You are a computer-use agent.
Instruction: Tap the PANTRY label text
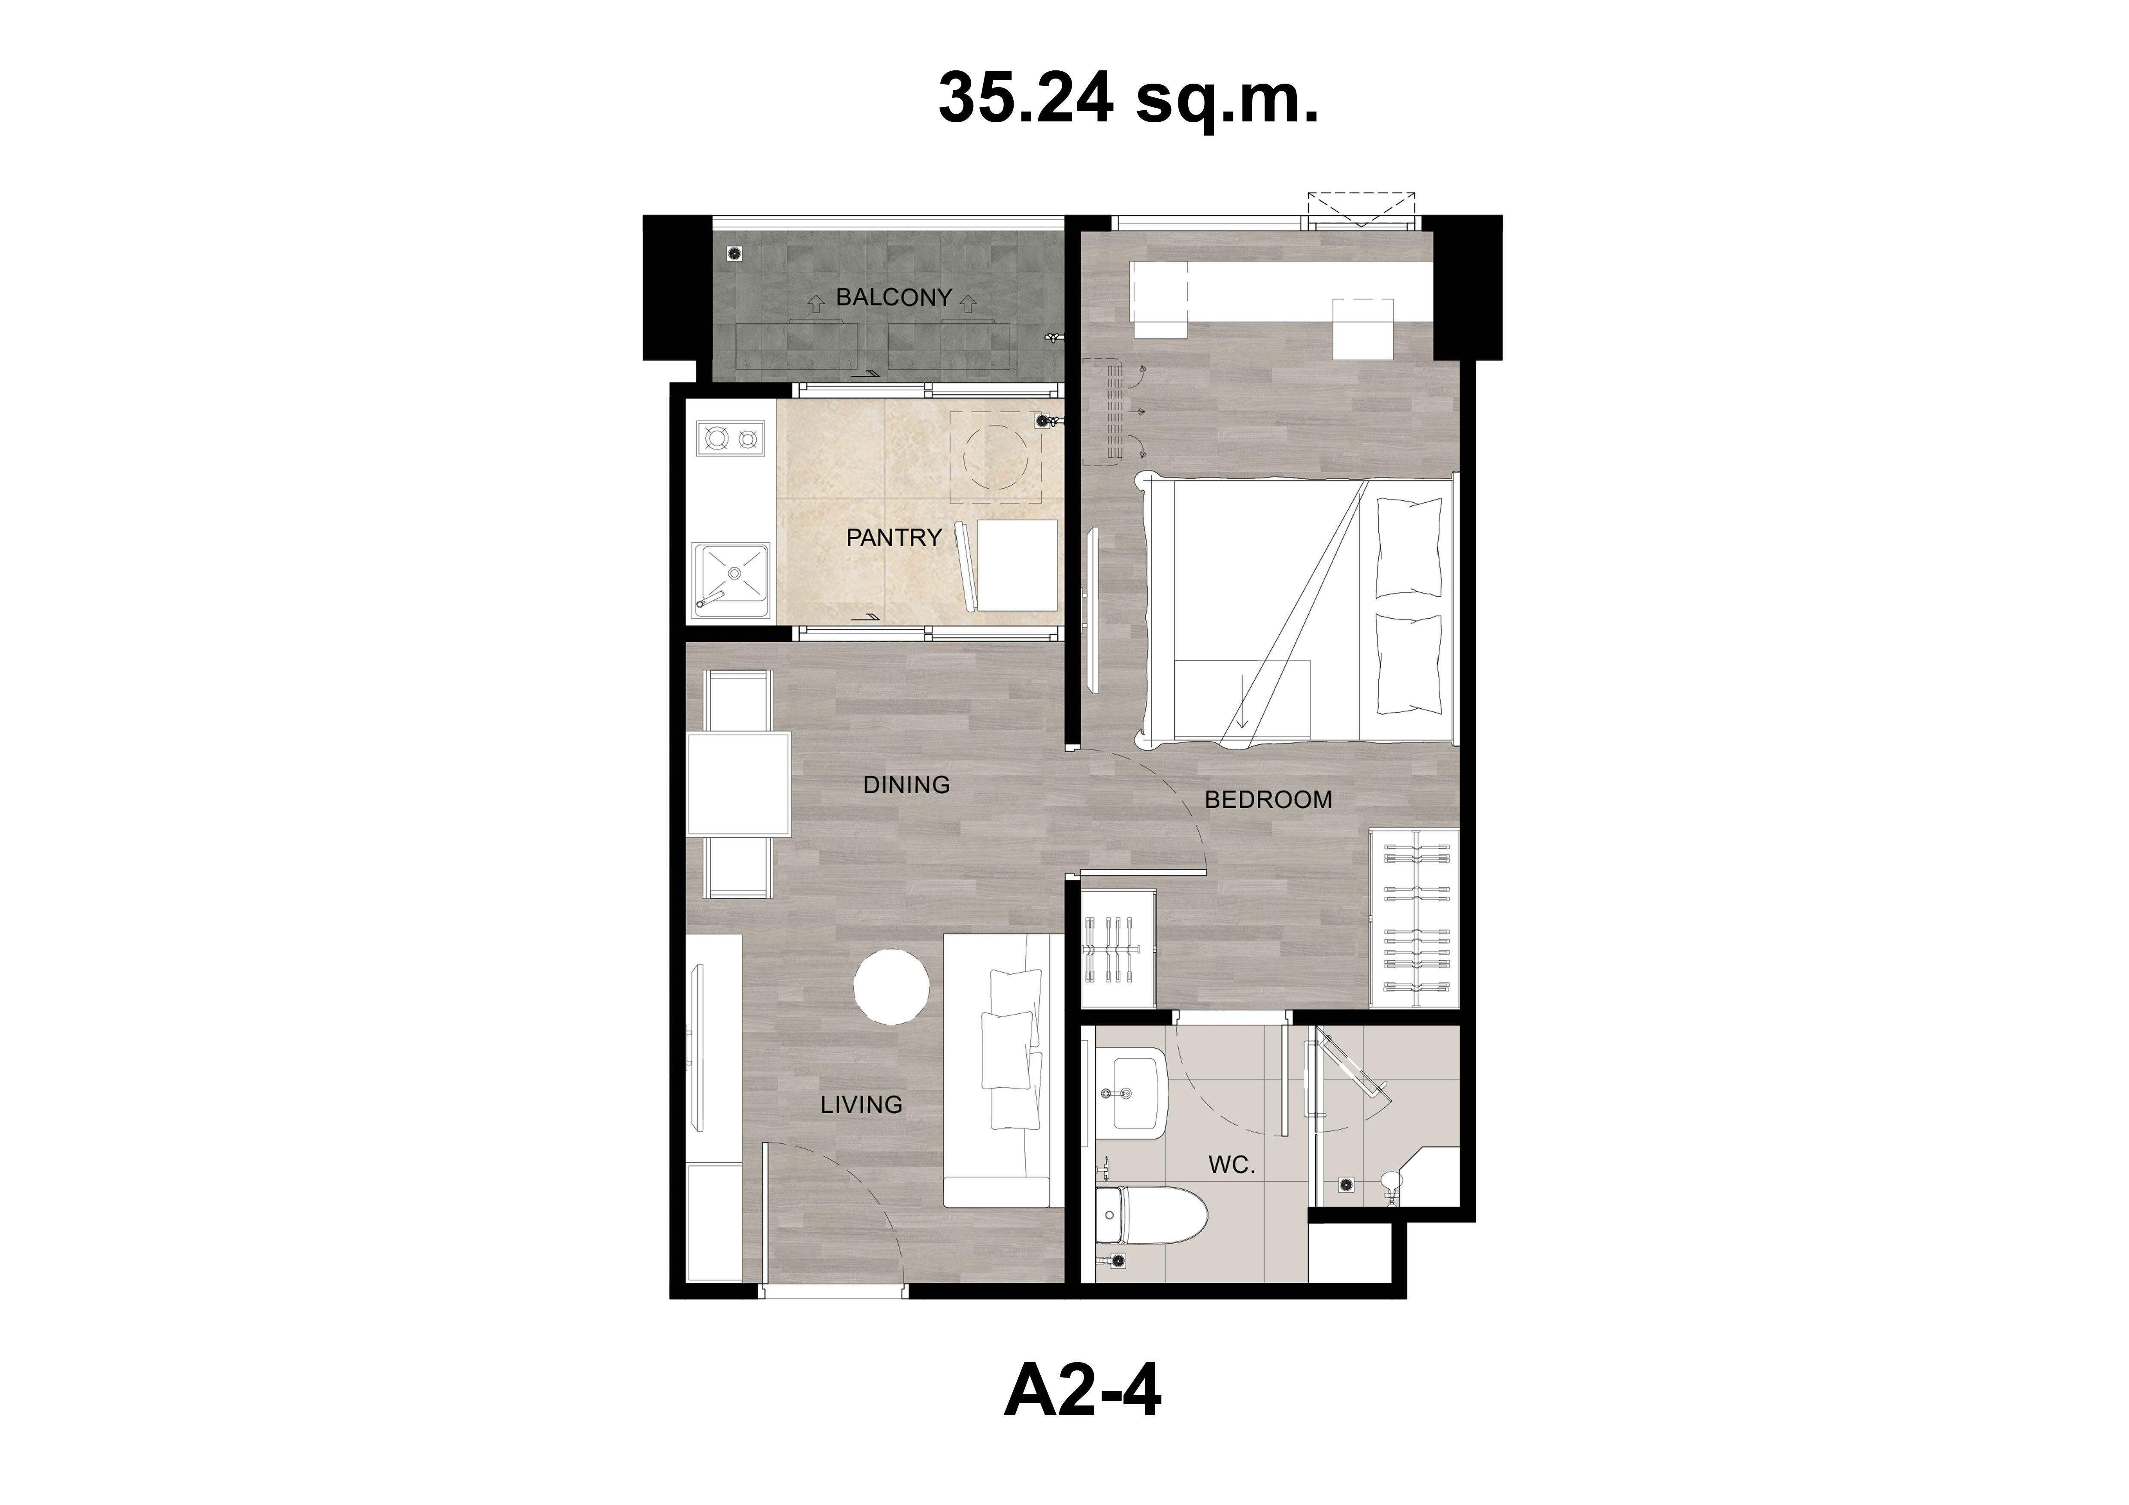[894, 538]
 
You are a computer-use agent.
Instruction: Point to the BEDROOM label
[1268, 799]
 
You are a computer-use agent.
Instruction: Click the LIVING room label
[861, 1104]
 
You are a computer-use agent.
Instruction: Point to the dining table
[739, 785]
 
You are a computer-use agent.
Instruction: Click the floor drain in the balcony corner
[734, 252]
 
